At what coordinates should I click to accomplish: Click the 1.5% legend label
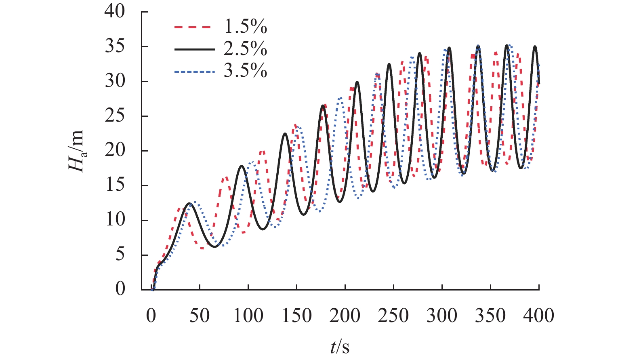[245, 27]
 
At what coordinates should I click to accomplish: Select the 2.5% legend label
[245, 49]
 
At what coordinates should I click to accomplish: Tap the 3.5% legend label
[245, 71]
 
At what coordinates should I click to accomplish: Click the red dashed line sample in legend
[193, 27]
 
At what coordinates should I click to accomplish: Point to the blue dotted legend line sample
[193, 72]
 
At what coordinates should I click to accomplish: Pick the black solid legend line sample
[193, 49]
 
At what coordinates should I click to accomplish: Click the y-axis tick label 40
[115, 11]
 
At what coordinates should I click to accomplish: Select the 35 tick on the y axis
[115, 46]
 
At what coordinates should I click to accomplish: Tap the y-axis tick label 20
[115, 151]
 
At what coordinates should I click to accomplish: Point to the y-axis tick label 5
[120, 255]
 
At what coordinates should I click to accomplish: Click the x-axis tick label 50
[200, 315]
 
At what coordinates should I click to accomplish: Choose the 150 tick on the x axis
[297, 315]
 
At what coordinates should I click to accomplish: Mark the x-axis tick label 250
[393, 315]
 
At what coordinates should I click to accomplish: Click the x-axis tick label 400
[538, 315]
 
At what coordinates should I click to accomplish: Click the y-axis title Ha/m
[76, 151]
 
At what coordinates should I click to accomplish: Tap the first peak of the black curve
[189, 203]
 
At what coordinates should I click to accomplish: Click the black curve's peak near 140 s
[285, 133]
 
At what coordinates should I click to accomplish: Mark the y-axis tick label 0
[120, 289]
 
